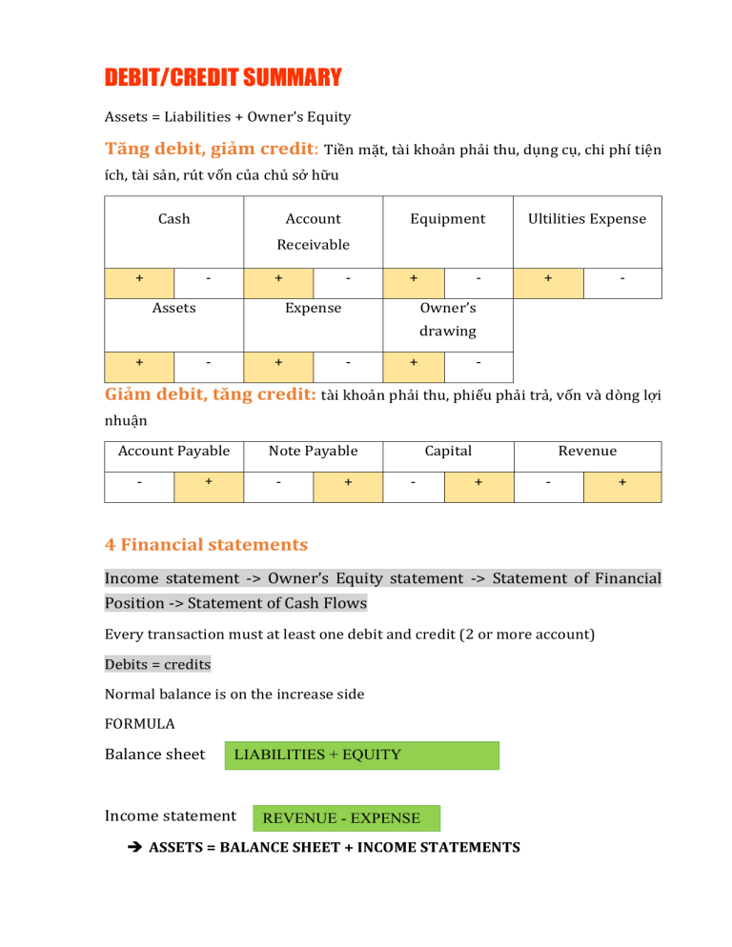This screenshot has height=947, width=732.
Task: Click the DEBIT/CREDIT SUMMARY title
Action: click(223, 76)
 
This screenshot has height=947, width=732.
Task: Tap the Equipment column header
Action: click(447, 219)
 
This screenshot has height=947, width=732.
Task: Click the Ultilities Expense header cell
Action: click(587, 219)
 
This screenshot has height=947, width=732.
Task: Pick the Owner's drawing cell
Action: click(448, 320)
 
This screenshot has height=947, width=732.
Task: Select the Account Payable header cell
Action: click(173, 451)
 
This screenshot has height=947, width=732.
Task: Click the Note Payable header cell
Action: click(313, 451)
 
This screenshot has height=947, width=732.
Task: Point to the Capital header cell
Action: click(448, 451)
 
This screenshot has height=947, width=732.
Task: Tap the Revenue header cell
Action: click(587, 451)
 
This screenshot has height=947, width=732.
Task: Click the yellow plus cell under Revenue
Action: click(622, 483)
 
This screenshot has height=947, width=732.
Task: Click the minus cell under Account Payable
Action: click(139, 483)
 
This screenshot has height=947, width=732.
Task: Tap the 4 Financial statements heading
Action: click(206, 545)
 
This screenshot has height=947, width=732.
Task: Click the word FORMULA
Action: click(139, 723)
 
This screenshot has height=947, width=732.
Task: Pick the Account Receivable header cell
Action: click(313, 232)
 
